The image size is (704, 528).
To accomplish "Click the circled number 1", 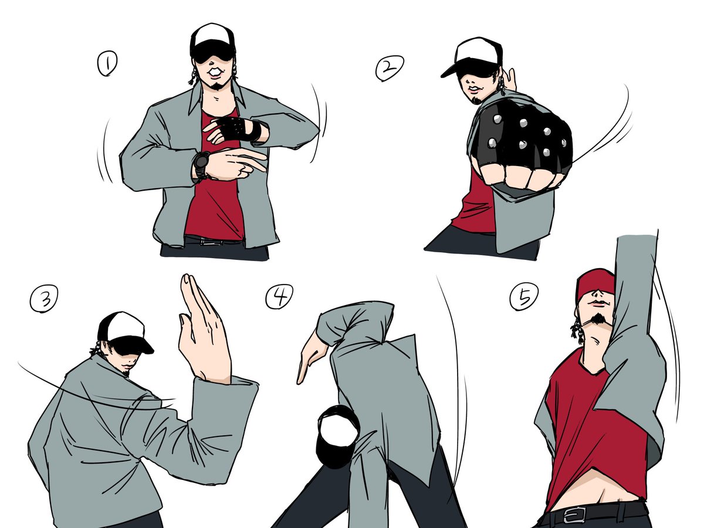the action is point(107,63).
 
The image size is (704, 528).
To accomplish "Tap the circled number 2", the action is point(390,68).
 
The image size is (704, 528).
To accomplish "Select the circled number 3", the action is point(44,298).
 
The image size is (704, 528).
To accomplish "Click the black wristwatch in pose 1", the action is point(201,165).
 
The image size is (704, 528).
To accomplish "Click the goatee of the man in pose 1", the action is point(217,86).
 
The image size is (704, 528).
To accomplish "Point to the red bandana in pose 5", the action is point(596,285).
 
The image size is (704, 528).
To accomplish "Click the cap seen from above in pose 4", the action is point(337,436).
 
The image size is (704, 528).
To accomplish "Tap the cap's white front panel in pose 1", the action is point(212,35).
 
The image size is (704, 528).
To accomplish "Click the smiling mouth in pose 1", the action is point(214,72).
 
